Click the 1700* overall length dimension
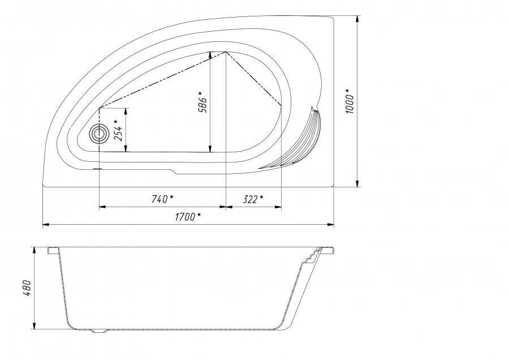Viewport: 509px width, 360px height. click(x=188, y=217)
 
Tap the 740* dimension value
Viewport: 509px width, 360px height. click(x=162, y=199)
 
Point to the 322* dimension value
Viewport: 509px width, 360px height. click(x=253, y=199)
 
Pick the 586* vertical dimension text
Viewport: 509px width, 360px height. click(x=202, y=102)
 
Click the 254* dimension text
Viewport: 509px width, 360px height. click(x=119, y=130)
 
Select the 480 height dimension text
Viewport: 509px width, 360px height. click(x=27, y=288)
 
